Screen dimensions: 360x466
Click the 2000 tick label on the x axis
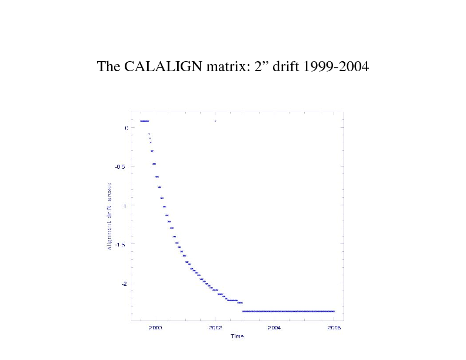[155, 328]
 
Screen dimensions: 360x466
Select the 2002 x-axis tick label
[215, 328]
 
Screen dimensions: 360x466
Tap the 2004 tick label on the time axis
[275, 328]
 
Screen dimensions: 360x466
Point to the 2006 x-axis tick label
[334, 328]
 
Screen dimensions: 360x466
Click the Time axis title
[237, 336]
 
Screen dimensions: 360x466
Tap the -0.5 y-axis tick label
[121, 166]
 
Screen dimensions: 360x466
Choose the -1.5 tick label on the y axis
[121, 244]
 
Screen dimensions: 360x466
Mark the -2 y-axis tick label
[123, 284]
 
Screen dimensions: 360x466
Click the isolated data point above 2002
[215, 121]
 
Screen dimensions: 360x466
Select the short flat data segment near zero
[144, 121]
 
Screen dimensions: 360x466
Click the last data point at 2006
[334, 311]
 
